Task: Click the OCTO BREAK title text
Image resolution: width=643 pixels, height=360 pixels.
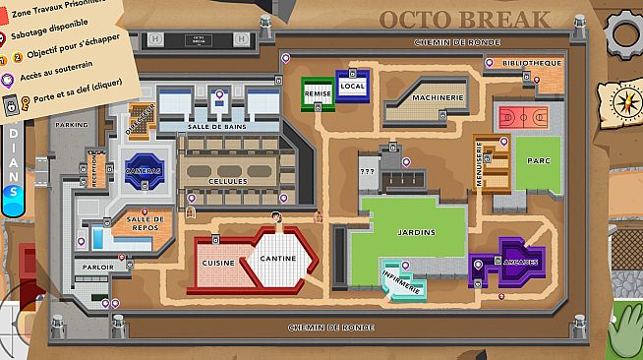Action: (x=464, y=19)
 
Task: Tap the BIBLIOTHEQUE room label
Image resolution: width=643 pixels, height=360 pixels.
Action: (x=531, y=63)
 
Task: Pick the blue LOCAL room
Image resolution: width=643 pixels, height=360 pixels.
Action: (x=352, y=87)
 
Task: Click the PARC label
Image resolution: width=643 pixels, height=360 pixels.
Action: (x=537, y=159)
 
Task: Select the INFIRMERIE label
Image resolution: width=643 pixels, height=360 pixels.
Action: (x=401, y=281)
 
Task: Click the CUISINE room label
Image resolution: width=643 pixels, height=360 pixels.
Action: (x=218, y=264)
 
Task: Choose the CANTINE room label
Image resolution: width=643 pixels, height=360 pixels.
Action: (x=278, y=258)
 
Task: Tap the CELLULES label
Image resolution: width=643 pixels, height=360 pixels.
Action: (x=228, y=182)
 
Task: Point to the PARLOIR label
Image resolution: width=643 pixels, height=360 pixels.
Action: (x=98, y=267)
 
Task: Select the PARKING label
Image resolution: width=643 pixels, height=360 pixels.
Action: (x=71, y=126)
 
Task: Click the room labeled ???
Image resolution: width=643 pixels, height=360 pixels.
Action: (x=368, y=171)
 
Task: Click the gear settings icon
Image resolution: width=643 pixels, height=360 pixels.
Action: (x=626, y=30)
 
